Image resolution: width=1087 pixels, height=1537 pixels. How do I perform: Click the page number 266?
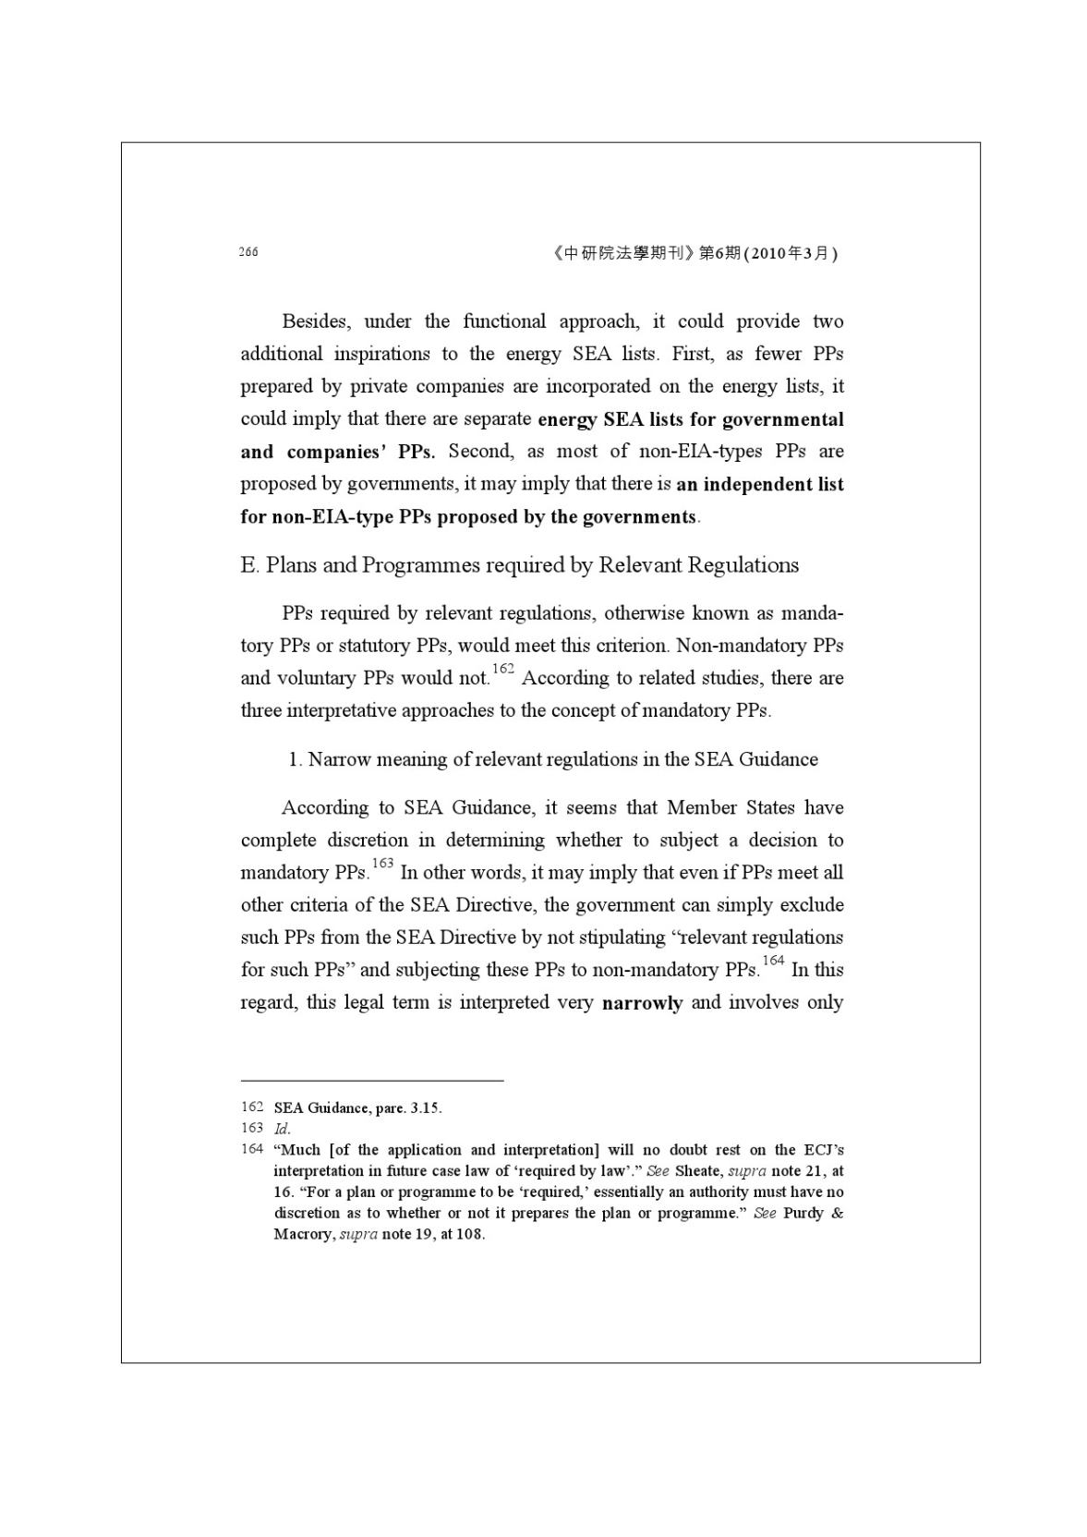[x=248, y=252]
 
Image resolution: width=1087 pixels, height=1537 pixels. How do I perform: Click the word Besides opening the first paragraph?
[x=316, y=321]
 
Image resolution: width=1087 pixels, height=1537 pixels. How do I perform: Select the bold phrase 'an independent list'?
[x=759, y=484]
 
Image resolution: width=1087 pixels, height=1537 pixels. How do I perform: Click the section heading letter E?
[x=248, y=565]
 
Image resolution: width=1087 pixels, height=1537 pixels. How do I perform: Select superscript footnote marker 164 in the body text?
[x=773, y=962]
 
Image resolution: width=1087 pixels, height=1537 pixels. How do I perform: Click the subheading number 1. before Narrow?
[x=296, y=760]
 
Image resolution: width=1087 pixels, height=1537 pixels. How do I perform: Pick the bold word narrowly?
[x=642, y=1003]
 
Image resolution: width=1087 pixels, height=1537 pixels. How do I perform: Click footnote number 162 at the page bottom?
[x=252, y=1107]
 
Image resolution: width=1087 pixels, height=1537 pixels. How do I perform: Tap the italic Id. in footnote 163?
[x=282, y=1129]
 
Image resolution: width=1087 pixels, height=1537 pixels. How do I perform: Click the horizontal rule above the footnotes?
[x=372, y=1080]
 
